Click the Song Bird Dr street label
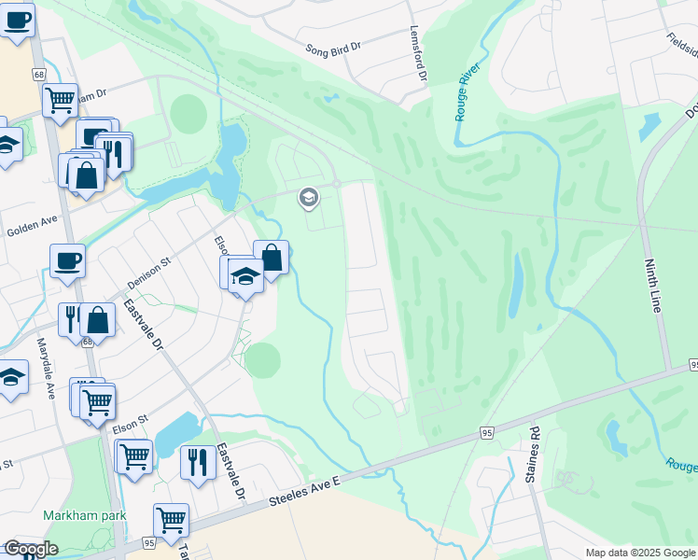point(333,47)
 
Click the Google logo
point(30,550)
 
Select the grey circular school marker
point(307,197)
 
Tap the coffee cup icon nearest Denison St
point(67,260)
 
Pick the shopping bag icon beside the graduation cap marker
point(271,257)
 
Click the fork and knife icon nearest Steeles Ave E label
point(197,461)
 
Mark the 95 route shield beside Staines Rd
point(487,432)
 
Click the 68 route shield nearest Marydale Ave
point(88,342)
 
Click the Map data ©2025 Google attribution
point(640,553)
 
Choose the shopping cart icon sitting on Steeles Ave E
point(171,520)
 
